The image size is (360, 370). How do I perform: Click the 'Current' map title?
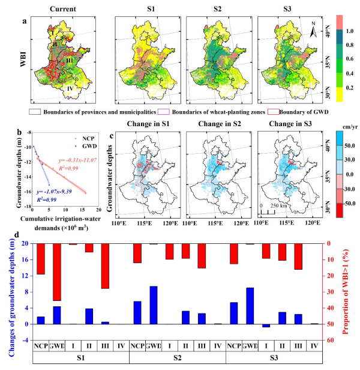point(62,8)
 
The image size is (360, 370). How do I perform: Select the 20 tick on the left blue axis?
point(26,244)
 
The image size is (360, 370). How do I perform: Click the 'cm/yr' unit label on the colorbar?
point(345,121)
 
